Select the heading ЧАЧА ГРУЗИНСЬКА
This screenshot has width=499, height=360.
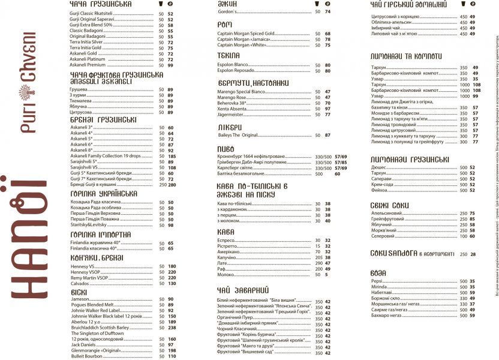[100, 4]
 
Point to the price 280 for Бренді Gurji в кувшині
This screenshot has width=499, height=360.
[172, 185]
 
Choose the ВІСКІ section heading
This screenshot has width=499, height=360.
[79, 292]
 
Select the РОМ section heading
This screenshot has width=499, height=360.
[226, 24]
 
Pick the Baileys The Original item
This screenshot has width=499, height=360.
[239, 135]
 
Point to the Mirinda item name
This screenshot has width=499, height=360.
[380, 287]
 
